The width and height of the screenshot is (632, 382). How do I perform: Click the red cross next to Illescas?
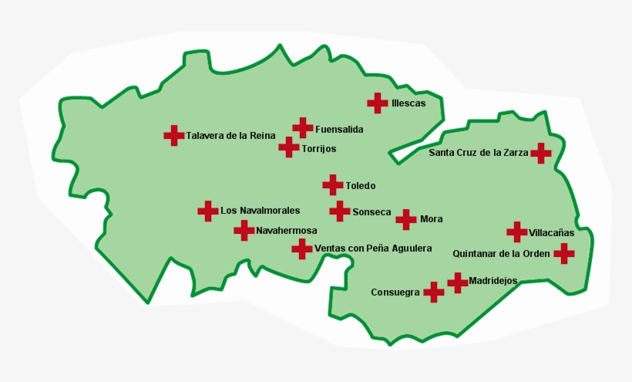[x=377, y=103]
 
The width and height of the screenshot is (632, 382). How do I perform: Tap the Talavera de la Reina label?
[x=230, y=136]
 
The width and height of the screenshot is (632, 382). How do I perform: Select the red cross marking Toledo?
[x=332, y=185]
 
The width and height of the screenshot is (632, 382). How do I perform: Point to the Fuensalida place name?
[x=339, y=130]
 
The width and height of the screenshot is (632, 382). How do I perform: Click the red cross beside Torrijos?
[x=289, y=147]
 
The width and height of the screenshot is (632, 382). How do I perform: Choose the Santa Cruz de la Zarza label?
[x=478, y=153]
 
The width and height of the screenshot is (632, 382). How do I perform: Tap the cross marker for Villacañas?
[x=516, y=232]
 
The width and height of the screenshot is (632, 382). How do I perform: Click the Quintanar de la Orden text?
[x=502, y=253]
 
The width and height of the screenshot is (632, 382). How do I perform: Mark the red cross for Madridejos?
[x=458, y=282]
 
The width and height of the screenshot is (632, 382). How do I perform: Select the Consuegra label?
[x=395, y=292]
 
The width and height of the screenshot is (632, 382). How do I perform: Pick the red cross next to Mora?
[x=406, y=219]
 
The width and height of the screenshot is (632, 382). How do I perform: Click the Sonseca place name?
[x=371, y=212]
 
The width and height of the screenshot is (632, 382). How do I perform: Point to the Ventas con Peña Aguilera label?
[x=368, y=249]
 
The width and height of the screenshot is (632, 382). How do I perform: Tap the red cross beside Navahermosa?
[x=244, y=230]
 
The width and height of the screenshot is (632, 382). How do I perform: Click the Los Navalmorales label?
[x=260, y=210]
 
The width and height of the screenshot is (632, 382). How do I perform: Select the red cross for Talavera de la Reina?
[x=174, y=135]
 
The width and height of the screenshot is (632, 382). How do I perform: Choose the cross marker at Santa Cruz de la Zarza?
[x=541, y=153]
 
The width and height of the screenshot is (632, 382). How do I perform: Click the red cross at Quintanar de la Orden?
[x=564, y=253]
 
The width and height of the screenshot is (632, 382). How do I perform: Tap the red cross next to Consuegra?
[x=434, y=292]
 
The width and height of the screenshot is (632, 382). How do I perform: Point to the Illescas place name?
[x=408, y=103]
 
